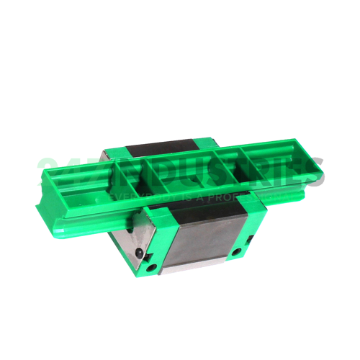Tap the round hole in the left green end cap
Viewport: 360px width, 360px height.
coord(151,268)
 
